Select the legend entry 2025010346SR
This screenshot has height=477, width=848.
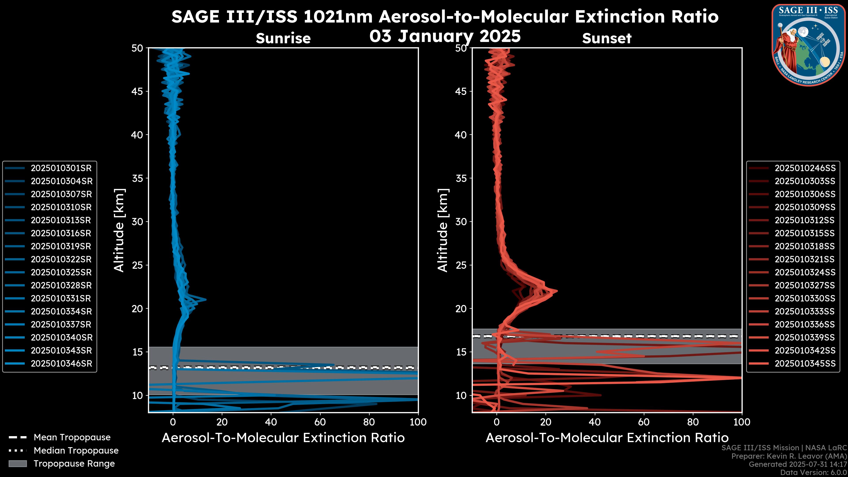tap(61, 364)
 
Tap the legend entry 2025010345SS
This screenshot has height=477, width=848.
tap(805, 364)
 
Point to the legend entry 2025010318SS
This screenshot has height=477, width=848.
tap(805, 246)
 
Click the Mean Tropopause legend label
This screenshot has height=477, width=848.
tap(72, 437)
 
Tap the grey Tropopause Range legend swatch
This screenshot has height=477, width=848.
tap(18, 464)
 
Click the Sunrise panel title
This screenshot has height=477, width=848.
tap(283, 38)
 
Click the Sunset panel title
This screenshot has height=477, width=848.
tap(607, 38)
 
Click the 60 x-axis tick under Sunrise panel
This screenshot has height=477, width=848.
tap(320, 422)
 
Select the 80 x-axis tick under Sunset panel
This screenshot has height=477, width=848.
tap(693, 422)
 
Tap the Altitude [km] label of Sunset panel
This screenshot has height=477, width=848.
tap(443, 230)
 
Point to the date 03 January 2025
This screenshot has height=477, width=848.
tap(445, 36)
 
